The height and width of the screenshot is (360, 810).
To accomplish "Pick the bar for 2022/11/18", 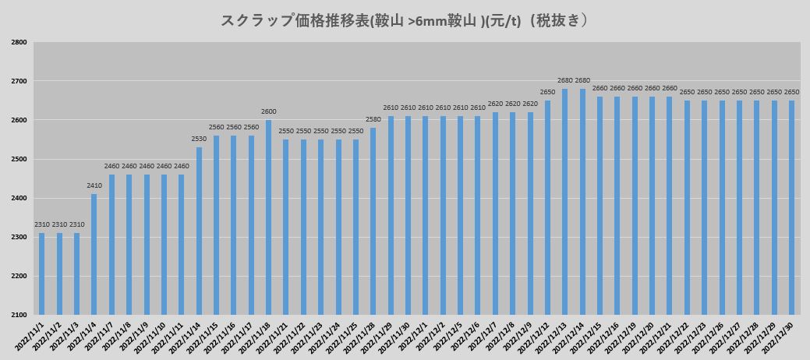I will [268, 217].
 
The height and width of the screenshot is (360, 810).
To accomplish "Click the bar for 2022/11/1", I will [42, 274].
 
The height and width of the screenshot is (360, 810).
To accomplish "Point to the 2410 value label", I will [94, 185].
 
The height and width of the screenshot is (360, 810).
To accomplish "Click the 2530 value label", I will [199, 139].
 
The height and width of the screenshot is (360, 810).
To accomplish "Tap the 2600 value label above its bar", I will [268, 111].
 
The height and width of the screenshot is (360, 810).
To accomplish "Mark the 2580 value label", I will [373, 119].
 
